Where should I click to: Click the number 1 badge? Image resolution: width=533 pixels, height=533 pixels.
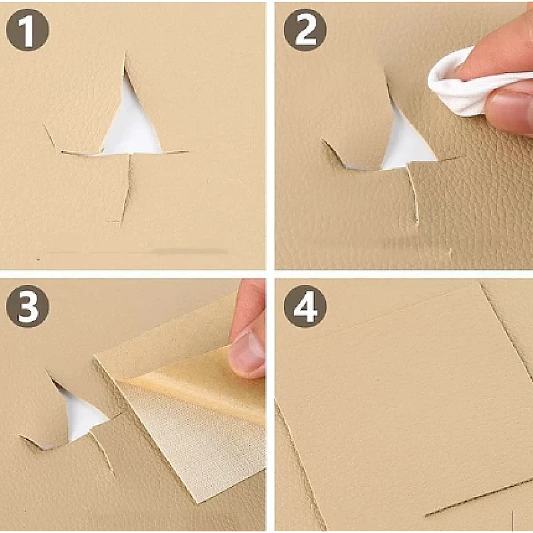point(27,30)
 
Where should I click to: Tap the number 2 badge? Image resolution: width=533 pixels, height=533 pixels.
point(305,30)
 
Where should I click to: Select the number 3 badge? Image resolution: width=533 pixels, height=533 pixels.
point(27,306)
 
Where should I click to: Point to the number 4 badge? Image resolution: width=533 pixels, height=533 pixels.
point(305,306)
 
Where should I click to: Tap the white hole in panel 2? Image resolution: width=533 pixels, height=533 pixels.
point(406,145)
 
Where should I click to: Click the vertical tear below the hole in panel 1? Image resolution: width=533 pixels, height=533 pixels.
point(127,189)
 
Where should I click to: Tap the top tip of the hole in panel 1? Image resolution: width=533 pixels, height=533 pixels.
point(125,54)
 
